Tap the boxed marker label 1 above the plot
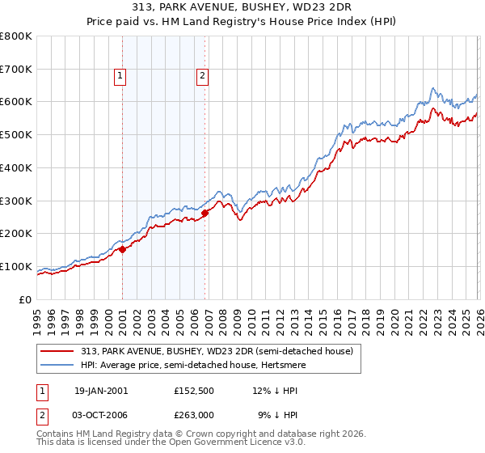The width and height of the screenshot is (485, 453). point(120,77)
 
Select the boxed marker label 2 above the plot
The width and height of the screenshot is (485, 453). point(201,77)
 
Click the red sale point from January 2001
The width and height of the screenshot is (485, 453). point(123,249)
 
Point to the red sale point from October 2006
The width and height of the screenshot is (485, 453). point(205,213)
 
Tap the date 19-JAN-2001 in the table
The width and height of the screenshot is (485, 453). point(101,390)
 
